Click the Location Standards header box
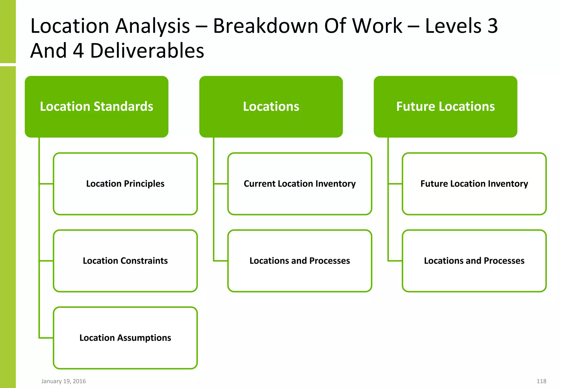[x=96, y=107]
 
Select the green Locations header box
[x=271, y=107]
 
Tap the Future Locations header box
[x=445, y=107]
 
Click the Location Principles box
[x=125, y=184]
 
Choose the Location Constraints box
[x=125, y=261]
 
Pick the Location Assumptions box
[x=125, y=338]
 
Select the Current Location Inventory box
[x=300, y=184]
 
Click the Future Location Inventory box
[x=474, y=184]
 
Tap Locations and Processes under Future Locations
[x=474, y=261]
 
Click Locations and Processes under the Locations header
[x=300, y=261]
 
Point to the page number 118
[x=541, y=381]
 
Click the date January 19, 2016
[x=64, y=381]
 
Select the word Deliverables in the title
[x=147, y=51]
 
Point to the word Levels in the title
[x=453, y=26]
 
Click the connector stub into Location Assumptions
[x=46, y=338]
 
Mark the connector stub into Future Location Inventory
[x=395, y=184]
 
